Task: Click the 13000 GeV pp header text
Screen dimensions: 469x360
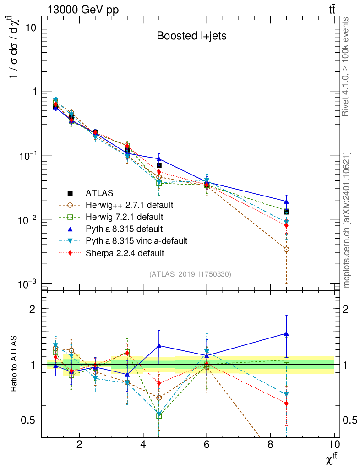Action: click(83, 11)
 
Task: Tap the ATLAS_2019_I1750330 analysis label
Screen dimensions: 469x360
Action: click(190, 274)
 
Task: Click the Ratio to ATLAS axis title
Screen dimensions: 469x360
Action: click(15, 365)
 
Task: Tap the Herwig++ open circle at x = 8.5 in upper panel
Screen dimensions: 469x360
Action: click(286, 249)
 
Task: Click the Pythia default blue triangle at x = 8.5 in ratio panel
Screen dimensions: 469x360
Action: click(286, 333)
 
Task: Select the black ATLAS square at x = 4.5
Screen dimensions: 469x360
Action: click(159, 165)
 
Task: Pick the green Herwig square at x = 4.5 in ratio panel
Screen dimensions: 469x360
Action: click(159, 416)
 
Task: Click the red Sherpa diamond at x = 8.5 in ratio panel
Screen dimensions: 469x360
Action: click(286, 404)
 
